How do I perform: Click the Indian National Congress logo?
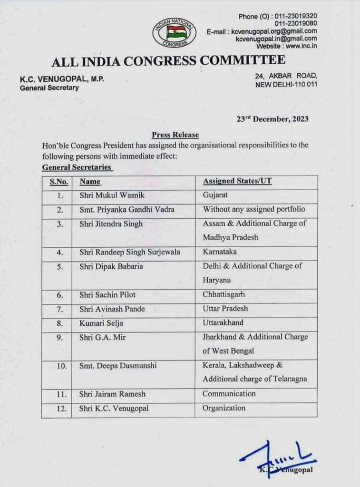click(x=174, y=32)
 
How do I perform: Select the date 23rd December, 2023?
click(x=272, y=119)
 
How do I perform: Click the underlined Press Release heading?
click(x=175, y=135)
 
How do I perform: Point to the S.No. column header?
click(x=59, y=182)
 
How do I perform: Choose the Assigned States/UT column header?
click(x=237, y=181)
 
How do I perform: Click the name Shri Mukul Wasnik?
click(x=108, y=195)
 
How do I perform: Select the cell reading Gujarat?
click(x=215, y=195)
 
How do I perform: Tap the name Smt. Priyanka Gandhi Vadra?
click(x=127, y=210)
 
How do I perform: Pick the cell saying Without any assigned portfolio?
click(x=254, y=209)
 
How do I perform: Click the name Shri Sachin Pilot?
click(x=105, y=295)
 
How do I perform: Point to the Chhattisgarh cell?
click(x=224, y=295)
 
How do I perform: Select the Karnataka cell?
click(x=219, y=252)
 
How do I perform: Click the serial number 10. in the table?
click(x=58, y=366)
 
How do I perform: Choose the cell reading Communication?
click(x=229, y=394)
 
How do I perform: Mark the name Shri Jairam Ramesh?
click(x=113, y=394)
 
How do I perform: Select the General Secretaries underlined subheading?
click(x=77, y=167)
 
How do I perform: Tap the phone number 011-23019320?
click(x=296, y=16)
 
